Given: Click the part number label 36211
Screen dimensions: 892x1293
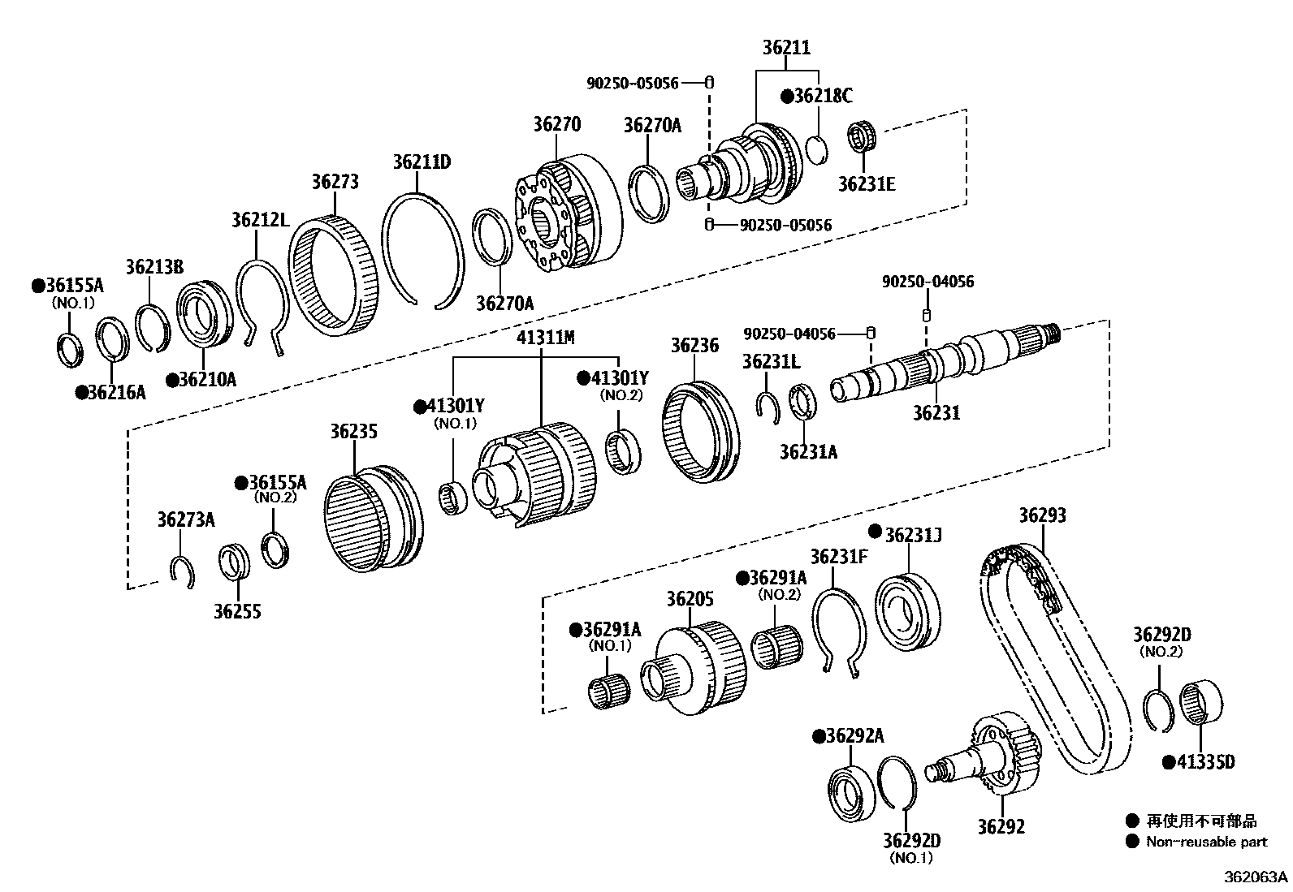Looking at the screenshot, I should [x=785, y=47].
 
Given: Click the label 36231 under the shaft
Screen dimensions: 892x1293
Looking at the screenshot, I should [x=936, y=412].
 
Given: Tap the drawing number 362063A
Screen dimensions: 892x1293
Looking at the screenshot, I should [x=1256, y=877].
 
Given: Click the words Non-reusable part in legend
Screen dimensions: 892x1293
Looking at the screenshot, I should [x=1206, y=842].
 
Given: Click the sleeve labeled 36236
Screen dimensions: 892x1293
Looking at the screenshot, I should [x=701, y=433].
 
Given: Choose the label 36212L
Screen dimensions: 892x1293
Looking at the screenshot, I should [x=259, y=219].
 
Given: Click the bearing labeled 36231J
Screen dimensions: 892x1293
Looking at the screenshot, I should [x=907, y=612].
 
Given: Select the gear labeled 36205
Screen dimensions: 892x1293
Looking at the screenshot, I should [x=698, y=670].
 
